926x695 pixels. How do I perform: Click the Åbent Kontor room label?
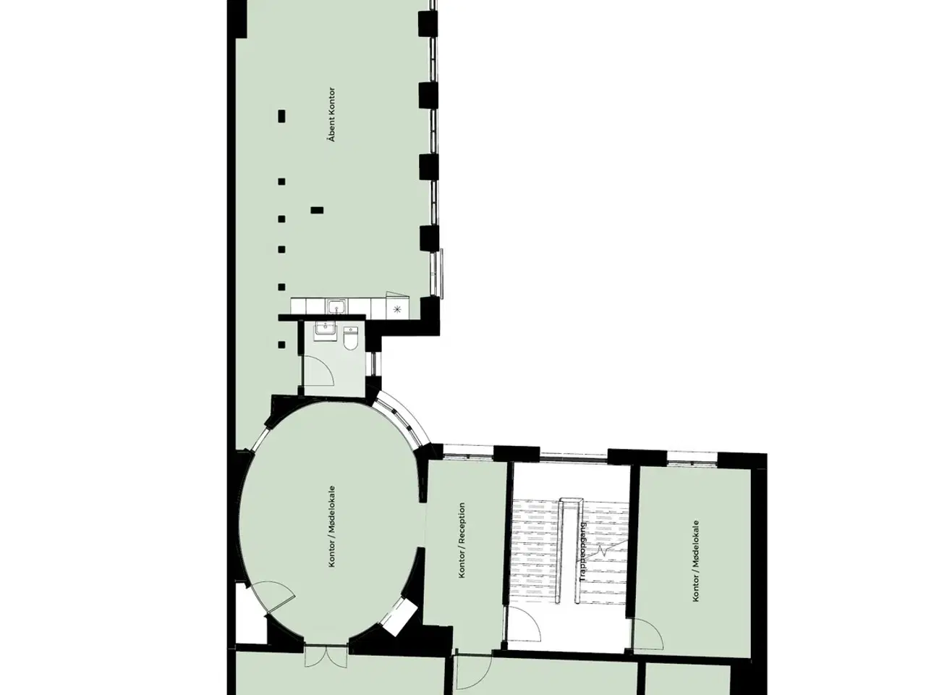point(332,114)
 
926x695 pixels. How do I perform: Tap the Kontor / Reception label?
point(462,540)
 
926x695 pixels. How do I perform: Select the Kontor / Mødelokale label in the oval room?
point(332,526)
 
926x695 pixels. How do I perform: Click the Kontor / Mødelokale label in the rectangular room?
point(696,560)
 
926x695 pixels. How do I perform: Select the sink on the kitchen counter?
point(336,306)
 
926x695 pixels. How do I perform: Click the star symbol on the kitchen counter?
point(397,310)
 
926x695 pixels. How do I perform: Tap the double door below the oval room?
point(326,656)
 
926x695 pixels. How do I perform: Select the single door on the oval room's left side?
point(274,596)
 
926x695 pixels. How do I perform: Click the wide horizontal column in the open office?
point(317,210)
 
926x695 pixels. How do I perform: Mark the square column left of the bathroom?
point(281,345)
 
